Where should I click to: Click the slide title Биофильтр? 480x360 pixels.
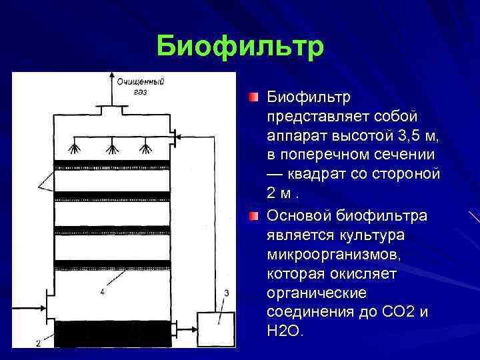click(x=240, y=47)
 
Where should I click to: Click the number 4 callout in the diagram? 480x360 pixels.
click(x=102, y=291)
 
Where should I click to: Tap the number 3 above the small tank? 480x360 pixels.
click(x=227, y=293)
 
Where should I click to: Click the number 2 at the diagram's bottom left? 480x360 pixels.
click(x=38, y=343)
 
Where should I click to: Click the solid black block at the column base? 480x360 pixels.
click(x=111, y=333)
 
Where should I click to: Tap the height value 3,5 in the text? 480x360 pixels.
click(x=404, y=137)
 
